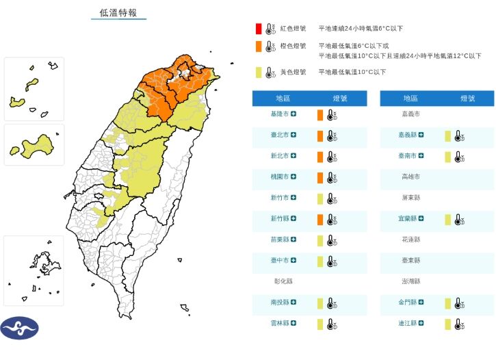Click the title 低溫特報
(118, 13)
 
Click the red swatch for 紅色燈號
(258, 29)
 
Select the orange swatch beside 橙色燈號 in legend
(258, 47)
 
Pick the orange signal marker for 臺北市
(319, 136)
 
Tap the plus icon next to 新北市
(293, 157)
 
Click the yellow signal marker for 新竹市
(319, 198)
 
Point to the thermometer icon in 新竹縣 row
(332, 220)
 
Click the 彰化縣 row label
(282, 281)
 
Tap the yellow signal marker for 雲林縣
(319, 323)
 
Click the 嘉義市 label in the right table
(410, 114)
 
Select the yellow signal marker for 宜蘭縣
(448, 219)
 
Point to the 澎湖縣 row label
(410, 281)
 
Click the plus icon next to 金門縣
(424, 303)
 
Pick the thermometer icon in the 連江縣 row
(460, 324)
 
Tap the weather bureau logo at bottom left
(19, 329)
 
